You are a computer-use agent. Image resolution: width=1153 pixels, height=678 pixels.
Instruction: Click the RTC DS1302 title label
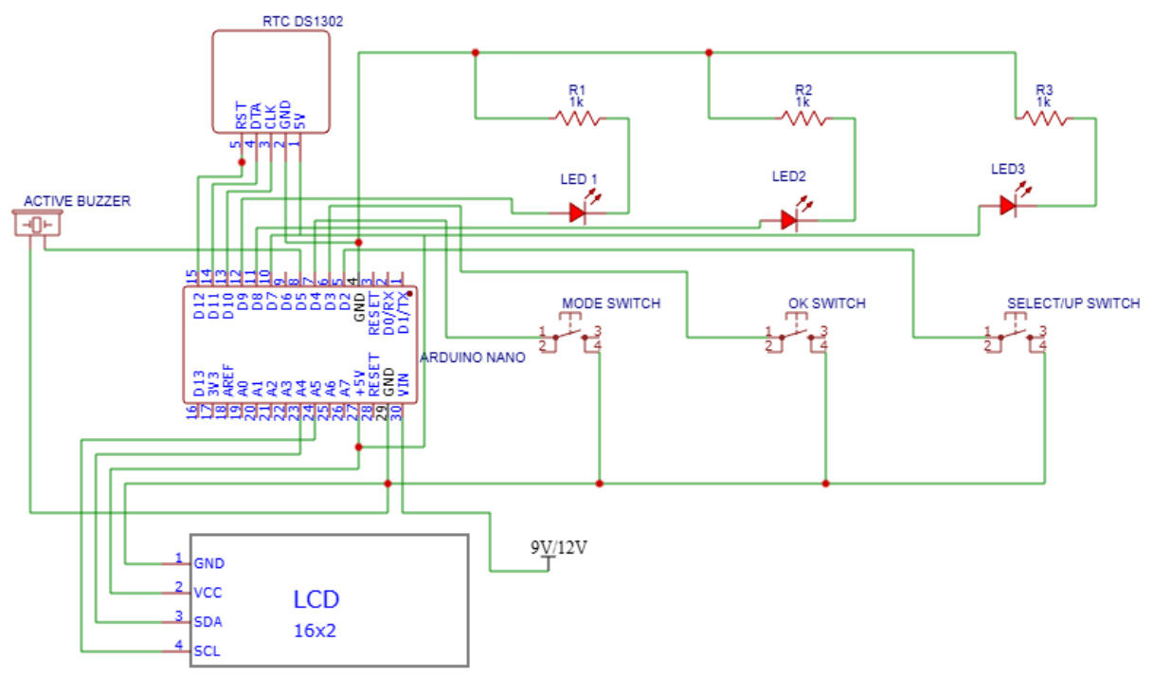tap(301, 21)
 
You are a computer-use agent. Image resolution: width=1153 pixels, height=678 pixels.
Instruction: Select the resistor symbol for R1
tap(577, 119)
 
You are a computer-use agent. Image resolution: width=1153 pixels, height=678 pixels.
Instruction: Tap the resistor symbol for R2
tap(803, 119)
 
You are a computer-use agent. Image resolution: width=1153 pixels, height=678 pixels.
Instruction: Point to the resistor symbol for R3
tap(1042, 119)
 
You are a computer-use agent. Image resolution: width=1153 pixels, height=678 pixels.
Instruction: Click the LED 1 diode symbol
tap(578, 213)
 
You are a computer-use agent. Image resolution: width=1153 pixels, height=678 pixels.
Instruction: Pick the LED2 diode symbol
tap(789, 220)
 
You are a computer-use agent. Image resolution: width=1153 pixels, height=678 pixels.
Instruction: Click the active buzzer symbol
tap(38, 225)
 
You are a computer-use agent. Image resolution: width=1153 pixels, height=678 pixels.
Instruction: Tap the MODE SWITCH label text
tap(611, 303)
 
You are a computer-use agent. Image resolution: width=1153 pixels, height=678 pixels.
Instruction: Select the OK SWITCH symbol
tap(796, 336)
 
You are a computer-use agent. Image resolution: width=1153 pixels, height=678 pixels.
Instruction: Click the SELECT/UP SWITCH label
tap(1072, 303)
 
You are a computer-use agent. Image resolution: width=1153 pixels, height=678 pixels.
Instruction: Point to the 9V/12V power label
tap(559, 548)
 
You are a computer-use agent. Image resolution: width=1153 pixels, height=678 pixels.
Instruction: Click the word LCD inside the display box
tap(315, 599)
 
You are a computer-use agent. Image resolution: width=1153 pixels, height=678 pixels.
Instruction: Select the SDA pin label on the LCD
tap(208, 622)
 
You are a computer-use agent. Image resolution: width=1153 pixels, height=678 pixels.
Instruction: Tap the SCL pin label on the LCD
tap(207, 651)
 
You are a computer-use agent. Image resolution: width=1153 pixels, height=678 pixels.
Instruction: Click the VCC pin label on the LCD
tap(208, 593)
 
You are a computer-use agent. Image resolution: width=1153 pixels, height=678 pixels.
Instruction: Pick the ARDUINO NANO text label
tap(471, 357)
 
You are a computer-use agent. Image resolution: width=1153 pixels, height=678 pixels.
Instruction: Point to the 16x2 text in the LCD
tap(315, 631)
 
